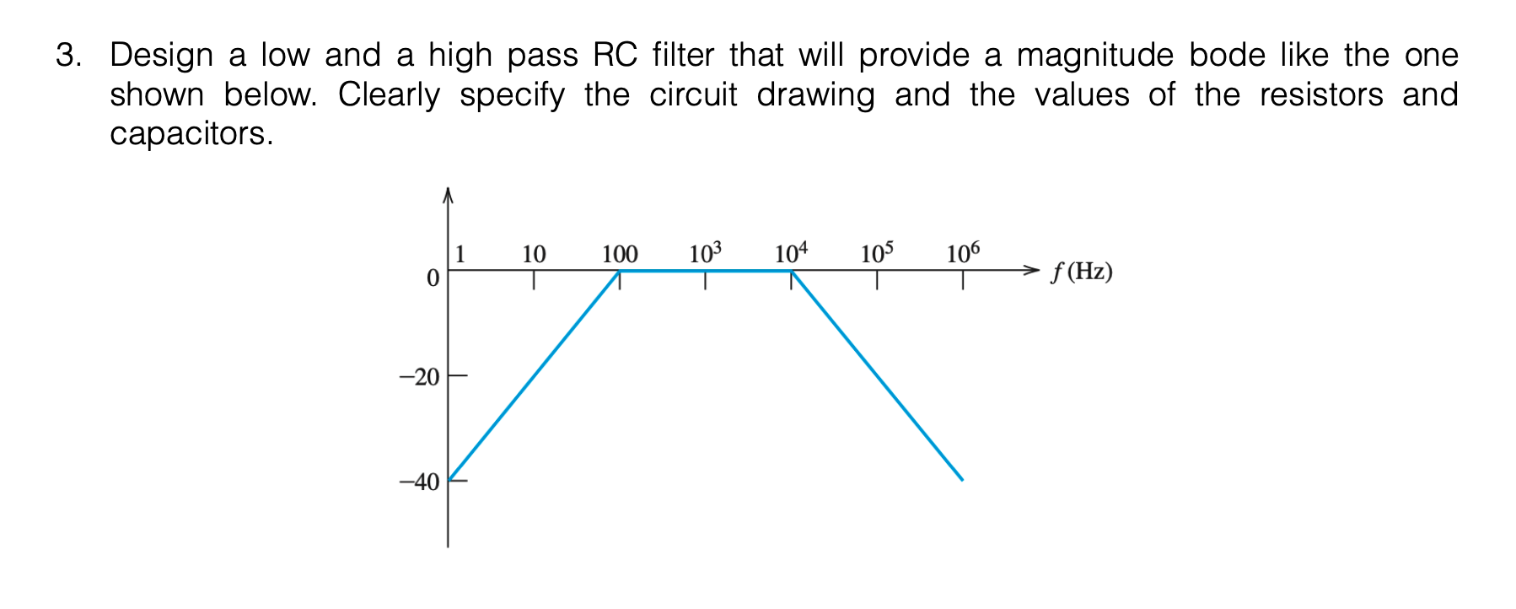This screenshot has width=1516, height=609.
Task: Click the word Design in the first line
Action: (x=161, y=56)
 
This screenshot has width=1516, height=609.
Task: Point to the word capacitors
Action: (x=191, y=134)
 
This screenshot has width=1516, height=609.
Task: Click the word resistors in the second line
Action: (x=1320, y=94)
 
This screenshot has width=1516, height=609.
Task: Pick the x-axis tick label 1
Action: (x=460, y=253)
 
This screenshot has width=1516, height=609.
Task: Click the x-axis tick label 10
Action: (x=533, y=254)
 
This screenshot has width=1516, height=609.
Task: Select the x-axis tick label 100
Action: (x=620, y=254)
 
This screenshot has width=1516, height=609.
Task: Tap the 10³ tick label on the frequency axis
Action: (x=706, y=252)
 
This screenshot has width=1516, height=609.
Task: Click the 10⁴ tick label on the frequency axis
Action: (x=791, y=252)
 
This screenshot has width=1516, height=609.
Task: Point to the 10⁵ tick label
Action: (x=877, y=252)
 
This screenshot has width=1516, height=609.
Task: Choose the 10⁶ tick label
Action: (x=963, y=252)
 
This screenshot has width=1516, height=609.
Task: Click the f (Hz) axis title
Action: (x=1082, y=272)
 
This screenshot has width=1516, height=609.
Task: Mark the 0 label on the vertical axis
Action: (x=433, y=278)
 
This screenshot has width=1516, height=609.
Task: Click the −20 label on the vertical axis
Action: (x=419, y=377)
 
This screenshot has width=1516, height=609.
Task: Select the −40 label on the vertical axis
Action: (x=419, y=482)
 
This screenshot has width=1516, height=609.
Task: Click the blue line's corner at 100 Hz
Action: (x=620, y=271)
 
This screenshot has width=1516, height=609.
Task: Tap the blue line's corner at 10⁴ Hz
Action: (x=792, y=271)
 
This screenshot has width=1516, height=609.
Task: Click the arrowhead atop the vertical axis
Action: (x=448, y=195)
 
